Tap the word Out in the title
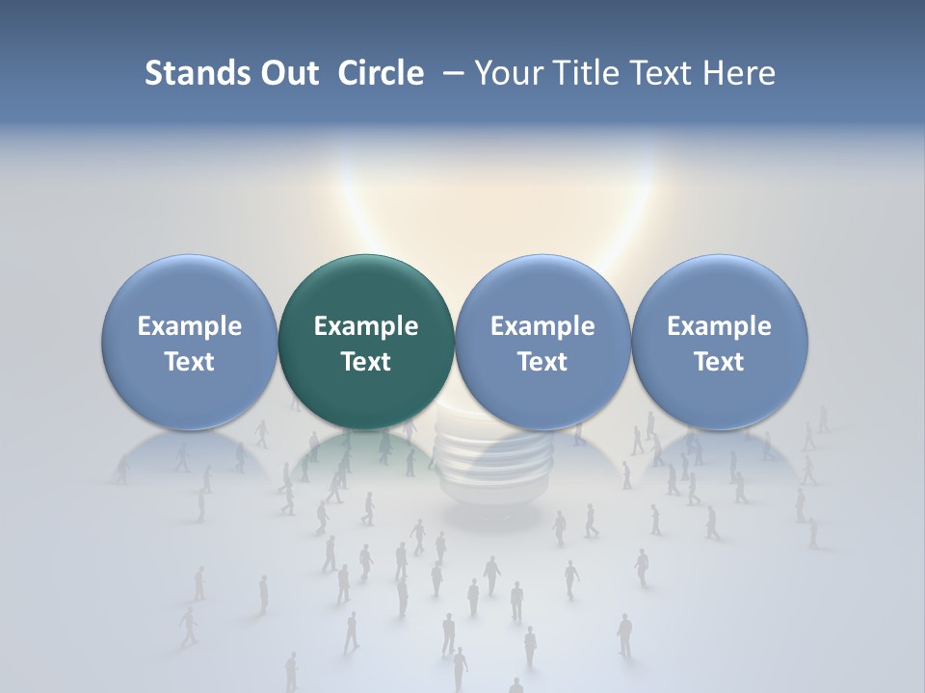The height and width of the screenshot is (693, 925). (287, 73)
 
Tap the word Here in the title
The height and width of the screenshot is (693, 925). (742, 73)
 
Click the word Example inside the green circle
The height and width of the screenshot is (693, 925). (366, 326)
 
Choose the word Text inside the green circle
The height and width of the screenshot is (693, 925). (366, 362)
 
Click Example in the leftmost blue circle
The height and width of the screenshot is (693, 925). (190, 326)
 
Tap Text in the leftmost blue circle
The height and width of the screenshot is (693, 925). (190, 362)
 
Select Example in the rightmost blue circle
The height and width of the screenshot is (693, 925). (720, 326)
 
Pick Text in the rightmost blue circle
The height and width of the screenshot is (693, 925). (720, 362)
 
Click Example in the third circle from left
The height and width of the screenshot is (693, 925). (542, 326)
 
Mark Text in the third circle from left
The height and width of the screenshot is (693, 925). (542, 362)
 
